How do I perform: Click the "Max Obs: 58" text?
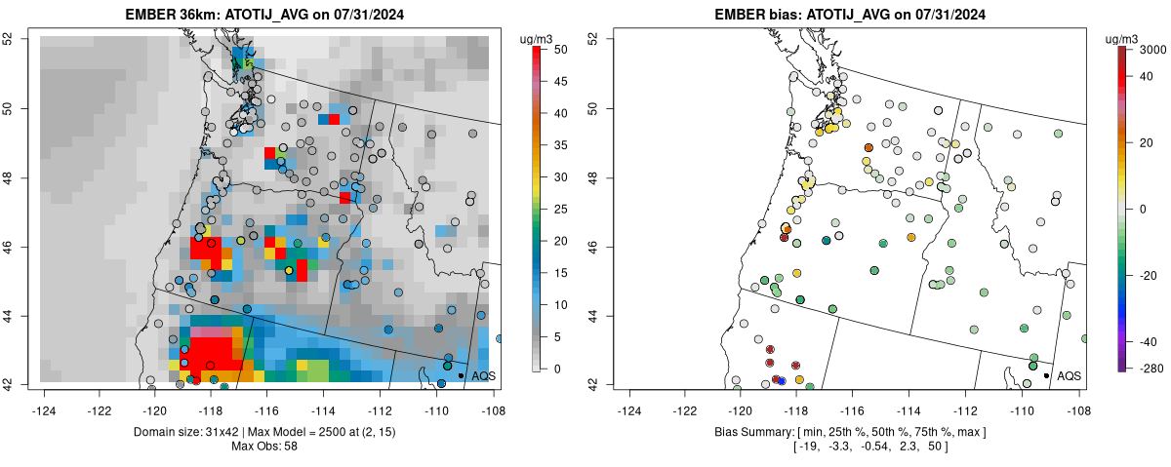coord(263,447)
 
